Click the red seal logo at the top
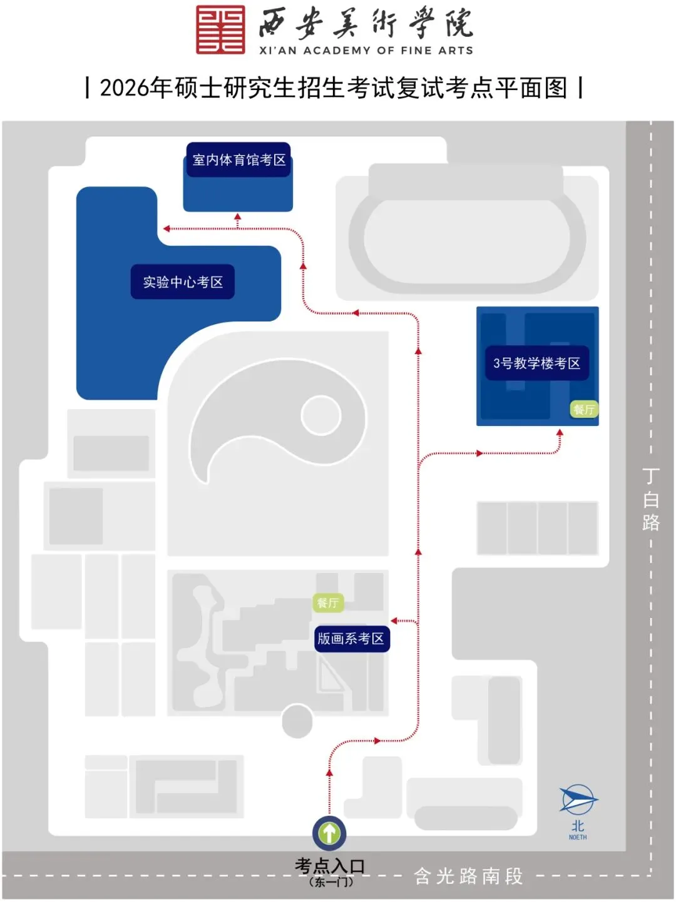(220, 29)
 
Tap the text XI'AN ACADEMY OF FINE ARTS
(366, 51)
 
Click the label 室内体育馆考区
(239, 160)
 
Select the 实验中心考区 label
(183, 282)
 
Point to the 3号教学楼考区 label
(536, 363)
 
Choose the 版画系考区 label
(351, 639)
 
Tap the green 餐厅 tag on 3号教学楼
(584, 410)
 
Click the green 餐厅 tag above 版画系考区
(327, 603)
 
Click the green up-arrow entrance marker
(330, 833)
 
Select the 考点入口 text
(330, 866)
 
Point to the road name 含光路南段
(468, 876)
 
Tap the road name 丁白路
(651, 499)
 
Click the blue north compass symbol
(578, 800)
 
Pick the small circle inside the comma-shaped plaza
(320, 415)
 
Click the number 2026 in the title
(125, 88)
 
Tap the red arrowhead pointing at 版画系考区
(394, 621)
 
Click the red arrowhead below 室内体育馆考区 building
(237, 216)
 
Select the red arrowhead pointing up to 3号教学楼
(560, 432)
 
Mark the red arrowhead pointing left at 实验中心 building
(166, 229)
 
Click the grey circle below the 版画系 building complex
(297, 721)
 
